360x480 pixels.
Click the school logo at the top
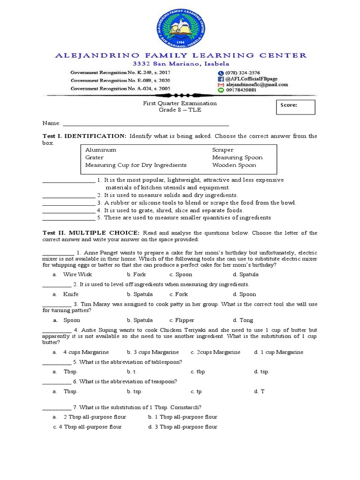(x=180, y=27)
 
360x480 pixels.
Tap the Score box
(x=295, y=107)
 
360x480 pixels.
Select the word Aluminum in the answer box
(x=100, y=150)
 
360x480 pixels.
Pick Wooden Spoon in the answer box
(x=234, y=165)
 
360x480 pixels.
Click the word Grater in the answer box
(x=94, y=157)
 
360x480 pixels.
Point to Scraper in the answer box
(x=223, y=150)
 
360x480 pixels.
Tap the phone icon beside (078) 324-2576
(x=221, y=73)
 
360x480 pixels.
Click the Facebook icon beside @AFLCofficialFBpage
(x=221, y=79)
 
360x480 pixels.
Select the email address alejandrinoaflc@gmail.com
(x=256, y=85)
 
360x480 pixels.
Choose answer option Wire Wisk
(x=78, y=275)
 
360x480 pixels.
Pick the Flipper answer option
(x=185, y=321)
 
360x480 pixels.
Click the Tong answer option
(x=246, y=321)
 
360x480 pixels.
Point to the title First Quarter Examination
(x=180, y=103)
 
